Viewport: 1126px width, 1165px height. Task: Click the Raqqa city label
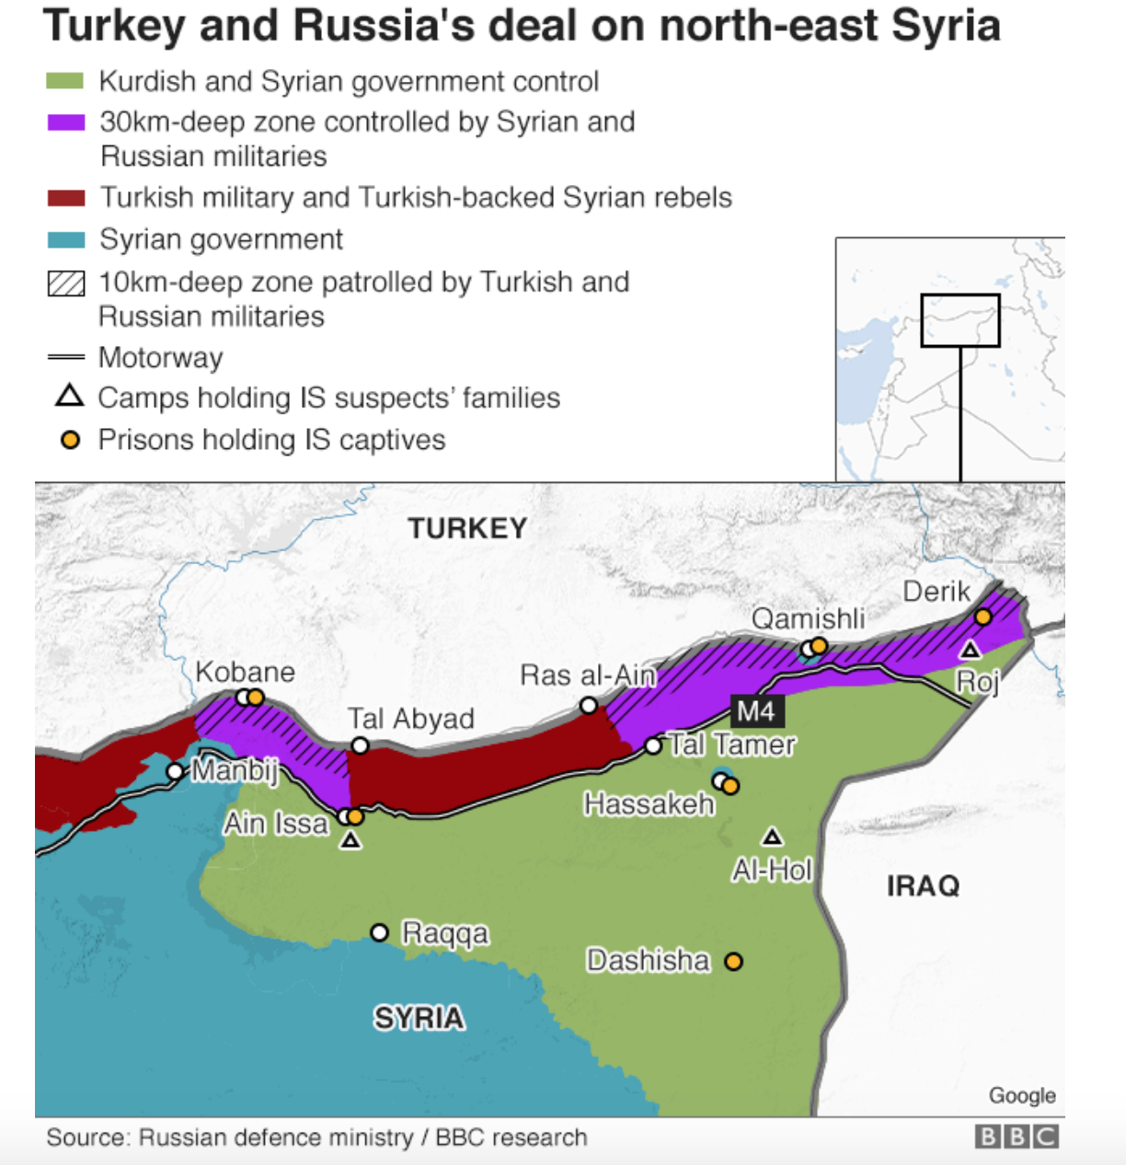coord(445,933)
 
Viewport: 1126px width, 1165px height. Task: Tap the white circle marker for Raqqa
coord(379,933)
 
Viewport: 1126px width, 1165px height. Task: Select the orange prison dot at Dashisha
coord(733,962)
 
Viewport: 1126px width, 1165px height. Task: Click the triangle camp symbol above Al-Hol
coord(773,836)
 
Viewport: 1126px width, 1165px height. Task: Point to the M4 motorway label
coord(756,710)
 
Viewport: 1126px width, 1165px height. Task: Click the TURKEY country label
coord(467,528)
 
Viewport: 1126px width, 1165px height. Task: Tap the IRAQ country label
coord(923,885)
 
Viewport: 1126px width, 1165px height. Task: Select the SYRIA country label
coord(419,1018)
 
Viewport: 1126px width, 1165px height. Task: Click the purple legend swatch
coord(66,122)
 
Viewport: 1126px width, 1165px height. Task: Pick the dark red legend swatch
coord(66,198)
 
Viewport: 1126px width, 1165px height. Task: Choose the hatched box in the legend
coord(66,283)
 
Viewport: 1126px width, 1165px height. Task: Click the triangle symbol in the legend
coord(69,397)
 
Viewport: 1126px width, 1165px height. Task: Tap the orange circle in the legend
coord(69,440)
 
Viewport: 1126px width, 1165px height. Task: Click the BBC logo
coord(1017,1137)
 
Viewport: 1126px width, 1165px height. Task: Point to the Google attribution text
coord(1022,1095)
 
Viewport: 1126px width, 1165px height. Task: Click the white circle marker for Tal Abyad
coord(361,745)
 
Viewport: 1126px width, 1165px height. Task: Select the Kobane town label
coord(245,672)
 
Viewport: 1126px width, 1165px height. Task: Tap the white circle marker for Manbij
coord(175,771)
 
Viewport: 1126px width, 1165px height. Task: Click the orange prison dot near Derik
coord(983,617)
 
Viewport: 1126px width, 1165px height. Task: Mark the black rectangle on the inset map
coord(960,320)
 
